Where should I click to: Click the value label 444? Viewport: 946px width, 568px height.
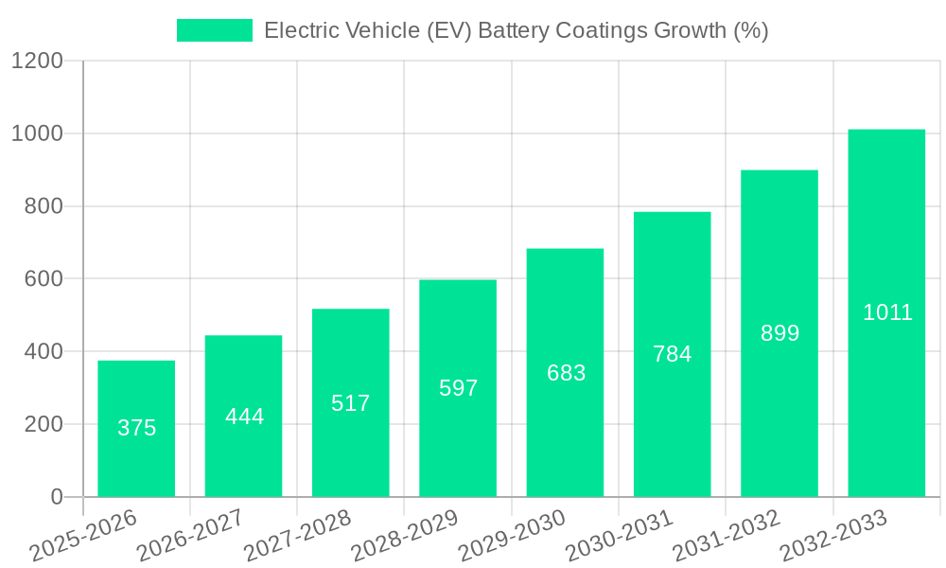click(x=244, y=417)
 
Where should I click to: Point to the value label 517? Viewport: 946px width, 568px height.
click(x=350, y=403)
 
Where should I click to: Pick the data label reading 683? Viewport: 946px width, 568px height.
click(x=566, y=373)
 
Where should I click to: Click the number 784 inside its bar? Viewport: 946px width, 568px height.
click(x=673, y=354)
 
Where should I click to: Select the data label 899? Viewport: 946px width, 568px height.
click(x=780, y=333)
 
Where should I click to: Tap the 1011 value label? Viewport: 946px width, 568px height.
click(x=887, y=312)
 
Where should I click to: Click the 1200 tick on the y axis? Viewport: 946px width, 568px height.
click(x=37, y=62)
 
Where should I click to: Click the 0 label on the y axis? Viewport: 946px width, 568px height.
click(x=56, y=497)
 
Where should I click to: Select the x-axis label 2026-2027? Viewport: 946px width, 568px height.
click(x=189, y=536)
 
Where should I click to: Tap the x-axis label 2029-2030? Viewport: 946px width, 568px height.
click(x=511, y=536)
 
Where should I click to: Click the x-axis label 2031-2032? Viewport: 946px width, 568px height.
click(x=725, y=536)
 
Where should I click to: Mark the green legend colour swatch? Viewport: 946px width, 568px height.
click(x=215, y=30)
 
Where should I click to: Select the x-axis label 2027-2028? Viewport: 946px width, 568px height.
click(x=297, y=536)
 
